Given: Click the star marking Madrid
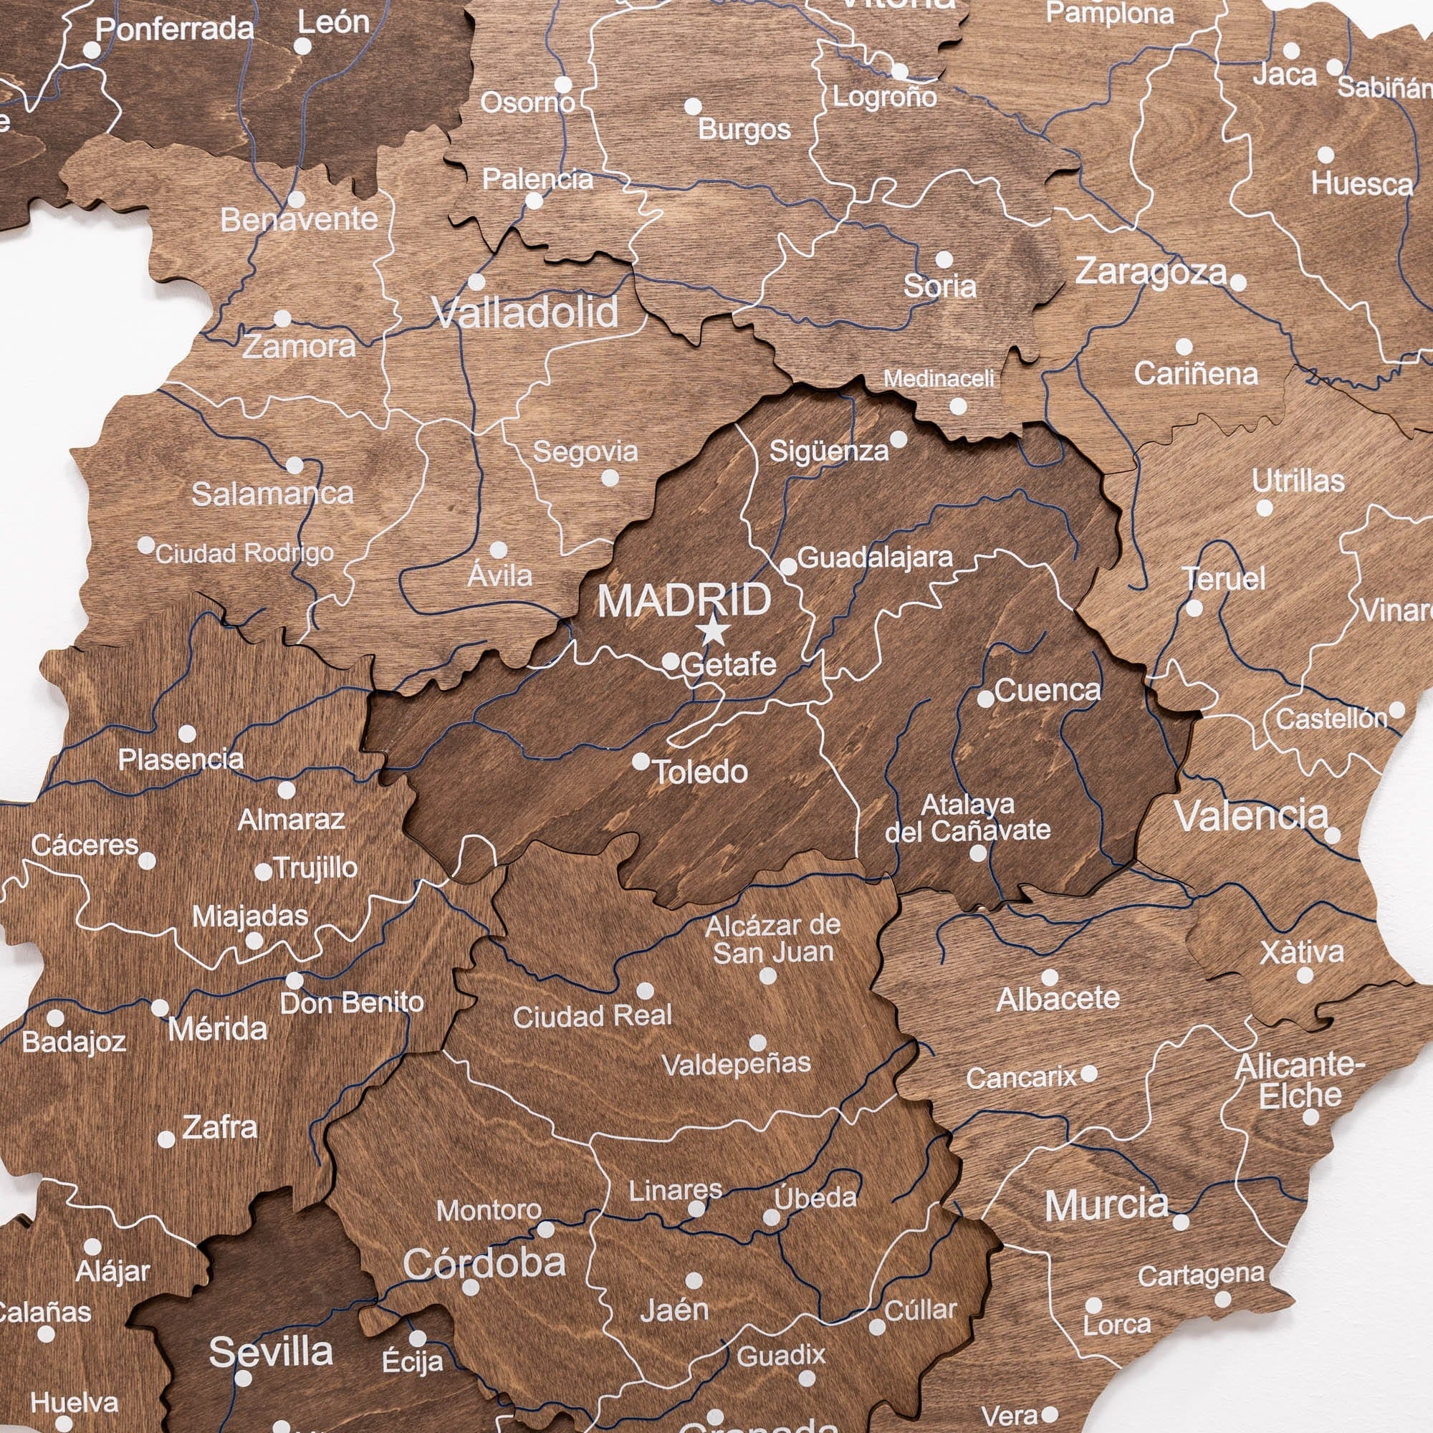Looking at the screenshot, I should (x=714, y=631).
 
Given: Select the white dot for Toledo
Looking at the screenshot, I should (x=641, y=761).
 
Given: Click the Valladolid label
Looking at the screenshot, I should (x=525, y=312).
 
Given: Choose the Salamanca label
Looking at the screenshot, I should (x=272, y=494).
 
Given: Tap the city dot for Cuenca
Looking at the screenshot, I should (x=986, y=699).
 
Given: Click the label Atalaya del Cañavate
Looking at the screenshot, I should (x=967, y=818).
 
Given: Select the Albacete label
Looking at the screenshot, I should (x=1058, y=999).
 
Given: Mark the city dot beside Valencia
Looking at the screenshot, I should (x=1332, y=835).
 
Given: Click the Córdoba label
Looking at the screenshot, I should (x=484, y=1263).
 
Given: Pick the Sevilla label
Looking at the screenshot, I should (x=271, y=1351).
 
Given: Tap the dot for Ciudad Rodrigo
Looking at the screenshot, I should (x=146, y=545).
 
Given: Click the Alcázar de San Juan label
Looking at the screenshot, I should (x=773, y=939).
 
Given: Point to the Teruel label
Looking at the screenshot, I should (x=1224, y=578).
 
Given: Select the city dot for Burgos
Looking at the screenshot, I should (x=693, y=106).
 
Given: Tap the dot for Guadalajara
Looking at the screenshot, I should (x=788, y=567).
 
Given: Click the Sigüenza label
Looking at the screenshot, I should (x=828, y=451).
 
